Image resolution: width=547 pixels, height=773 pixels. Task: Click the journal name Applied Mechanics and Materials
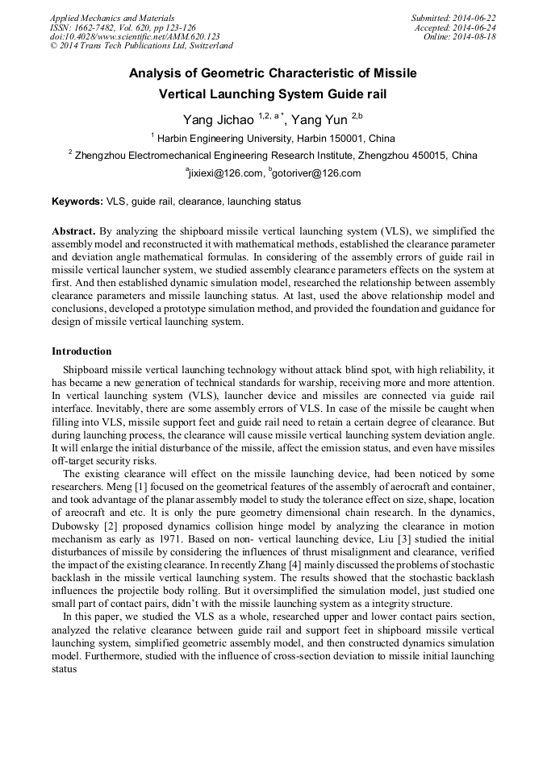click(111, 17)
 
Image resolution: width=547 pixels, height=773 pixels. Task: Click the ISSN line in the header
click(122, 27)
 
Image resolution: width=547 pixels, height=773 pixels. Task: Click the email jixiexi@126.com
click(227, 173)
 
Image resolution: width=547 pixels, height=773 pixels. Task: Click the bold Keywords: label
click(77, 202)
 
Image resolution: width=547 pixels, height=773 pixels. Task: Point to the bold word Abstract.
click(74, 231)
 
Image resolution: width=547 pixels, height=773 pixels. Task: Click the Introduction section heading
click(81, 351)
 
